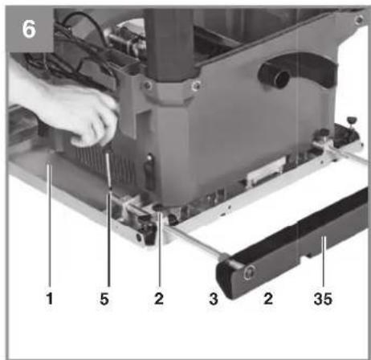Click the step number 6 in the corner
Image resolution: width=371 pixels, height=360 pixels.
tap(29, 29)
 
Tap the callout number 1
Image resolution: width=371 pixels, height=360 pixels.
tap(50, 298)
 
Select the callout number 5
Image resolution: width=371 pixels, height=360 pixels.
tap(104, 299)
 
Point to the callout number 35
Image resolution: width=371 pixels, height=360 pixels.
tap(323, 299)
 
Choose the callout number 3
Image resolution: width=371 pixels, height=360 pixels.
tap(214, 299)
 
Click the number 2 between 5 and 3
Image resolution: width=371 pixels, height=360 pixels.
tap(159, 298)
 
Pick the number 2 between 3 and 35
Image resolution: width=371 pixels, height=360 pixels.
tap(268, 298)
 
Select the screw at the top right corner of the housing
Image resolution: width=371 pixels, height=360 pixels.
tap(359, 19)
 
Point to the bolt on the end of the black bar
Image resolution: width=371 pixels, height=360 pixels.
tap(249, 273)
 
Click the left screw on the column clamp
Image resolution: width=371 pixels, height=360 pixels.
tap(147, 86)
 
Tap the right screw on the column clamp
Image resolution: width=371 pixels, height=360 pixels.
tap(196, 85)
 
